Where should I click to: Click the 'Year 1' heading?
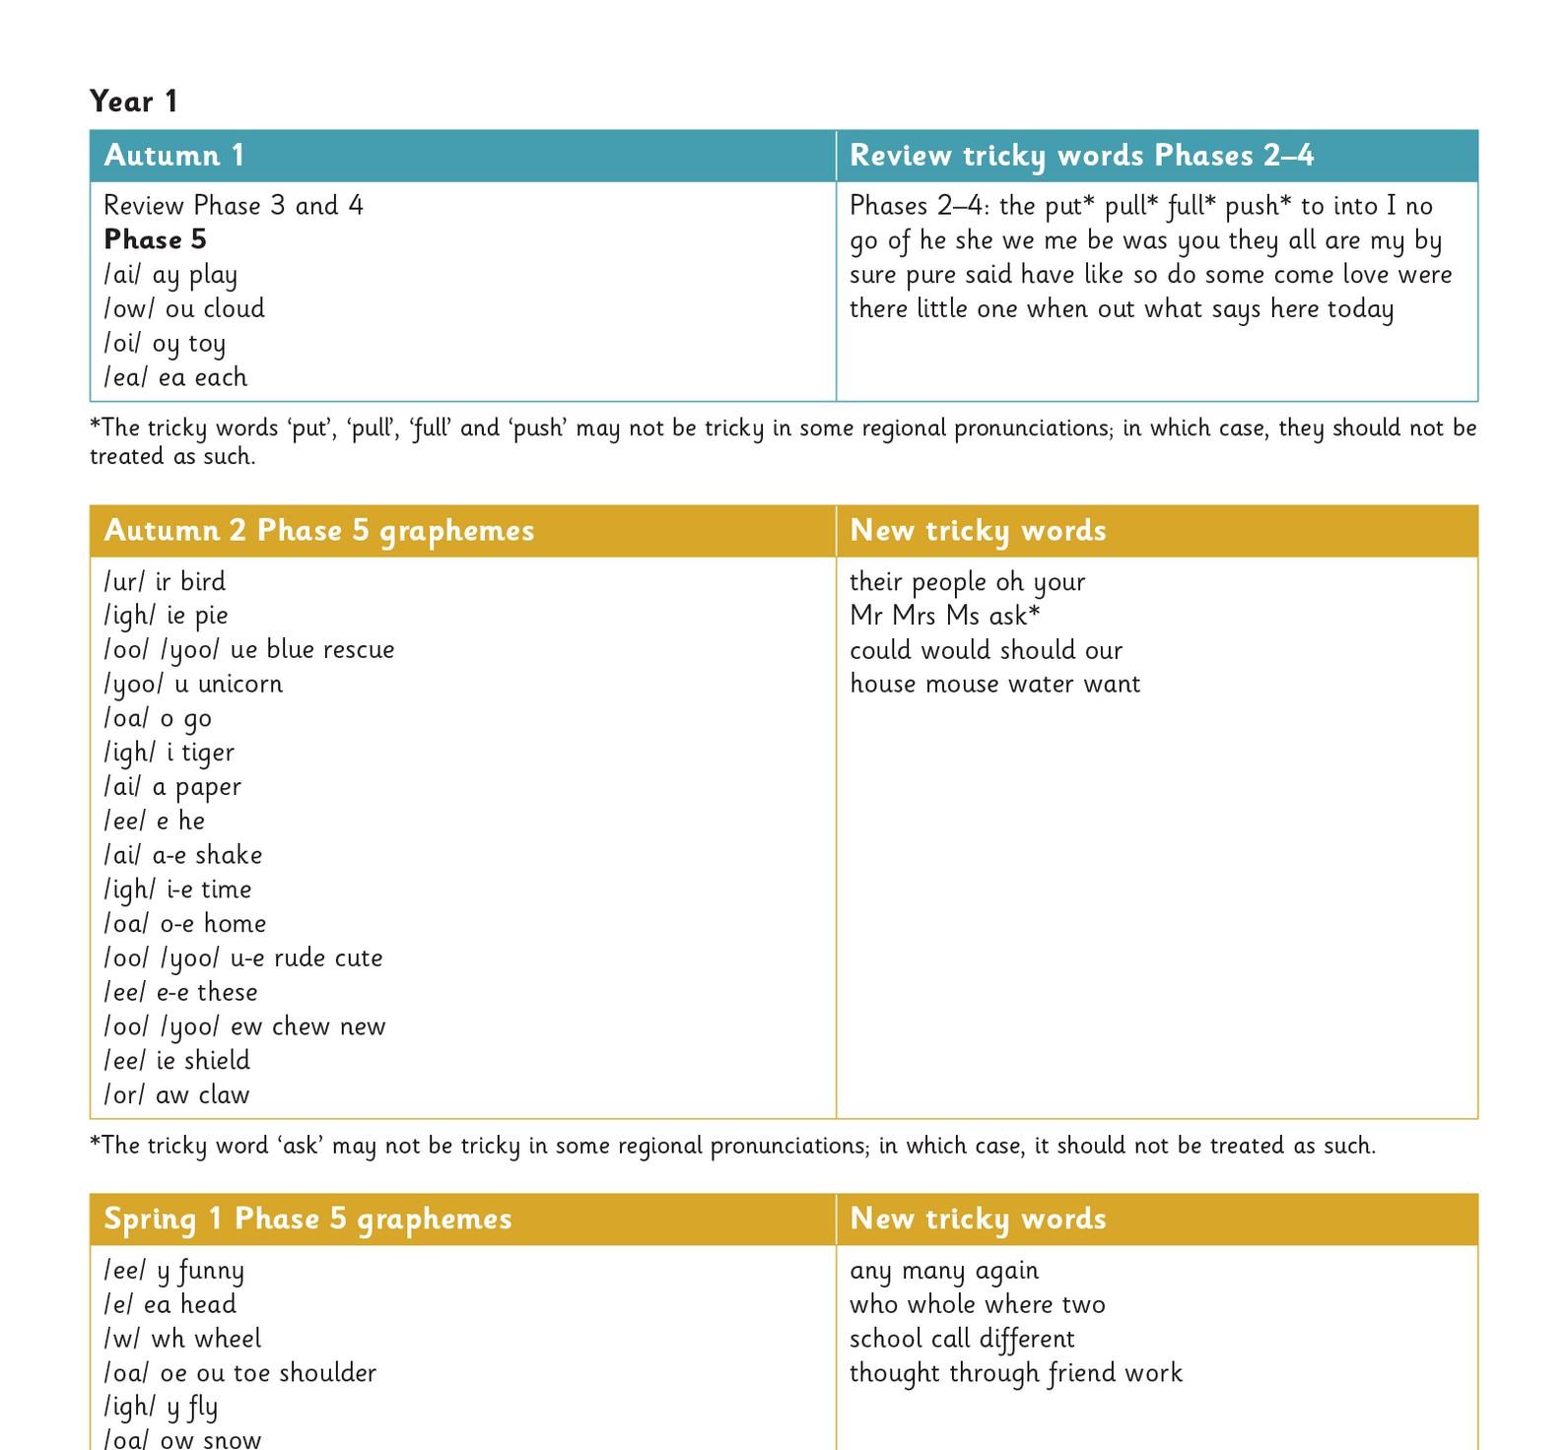pos(133,101)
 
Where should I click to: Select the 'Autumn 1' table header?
pos(174,156)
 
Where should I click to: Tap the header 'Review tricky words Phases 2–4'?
pos(1081,156)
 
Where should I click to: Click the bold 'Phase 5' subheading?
pos(155,239)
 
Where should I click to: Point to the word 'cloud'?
pos(234,308)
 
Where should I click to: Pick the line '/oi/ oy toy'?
pos(165,343)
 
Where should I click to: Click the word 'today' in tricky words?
pos(1360,309)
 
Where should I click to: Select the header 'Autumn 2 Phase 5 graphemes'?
pos(318,531)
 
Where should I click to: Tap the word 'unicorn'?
pos(240,684)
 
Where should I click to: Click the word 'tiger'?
pos(207,753)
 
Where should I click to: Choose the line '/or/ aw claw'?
pos(176,1094)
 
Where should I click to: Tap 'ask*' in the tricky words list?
pos(1014,616)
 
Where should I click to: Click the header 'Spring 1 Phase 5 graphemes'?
pos(307,1219)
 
